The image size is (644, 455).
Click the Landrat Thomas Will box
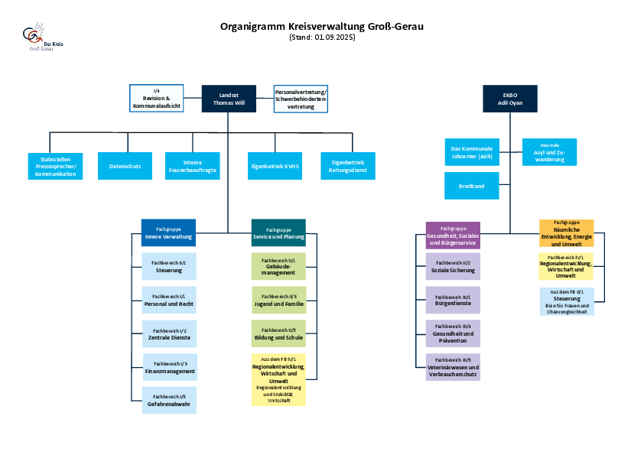pyautogui.click(x=229, y=98)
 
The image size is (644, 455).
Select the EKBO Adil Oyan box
pyautogui.click(x=509, y=98)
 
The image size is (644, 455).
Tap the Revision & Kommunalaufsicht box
pyautogui.click(x=156, y=98)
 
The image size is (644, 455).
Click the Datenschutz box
pyautogui.click(x=125, y=166)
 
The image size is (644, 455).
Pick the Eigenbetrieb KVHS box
pyautogui.click(x=275, y=166)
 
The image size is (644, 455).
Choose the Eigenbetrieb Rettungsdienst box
pyautogui.click(x=348, y=166)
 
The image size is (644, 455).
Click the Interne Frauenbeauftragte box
pyautogui.click(x=192, y=166)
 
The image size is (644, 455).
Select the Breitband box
pyautogui.click(x=472, y=186)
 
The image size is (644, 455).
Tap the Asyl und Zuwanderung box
pyautogui.click(x=549, y=152)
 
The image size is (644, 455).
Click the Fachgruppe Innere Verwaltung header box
pyautogui.click(x=168, y=232)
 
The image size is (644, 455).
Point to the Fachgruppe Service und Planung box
pyautogui.click(x=278, y=232)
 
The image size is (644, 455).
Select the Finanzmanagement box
pyautogui.click(x=170, y=367)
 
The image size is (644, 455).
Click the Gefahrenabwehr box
pyautogui.click(x=170, y=400)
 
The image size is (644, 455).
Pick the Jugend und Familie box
pyautogui.click(x=278, y=300)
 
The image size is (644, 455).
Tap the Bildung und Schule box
pyautogui.click(x=278, y=333)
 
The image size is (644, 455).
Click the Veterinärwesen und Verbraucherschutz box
pyautogui.click(x=453, y=367)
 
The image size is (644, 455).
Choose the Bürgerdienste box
pyautogui.click(x=453, y=300)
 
